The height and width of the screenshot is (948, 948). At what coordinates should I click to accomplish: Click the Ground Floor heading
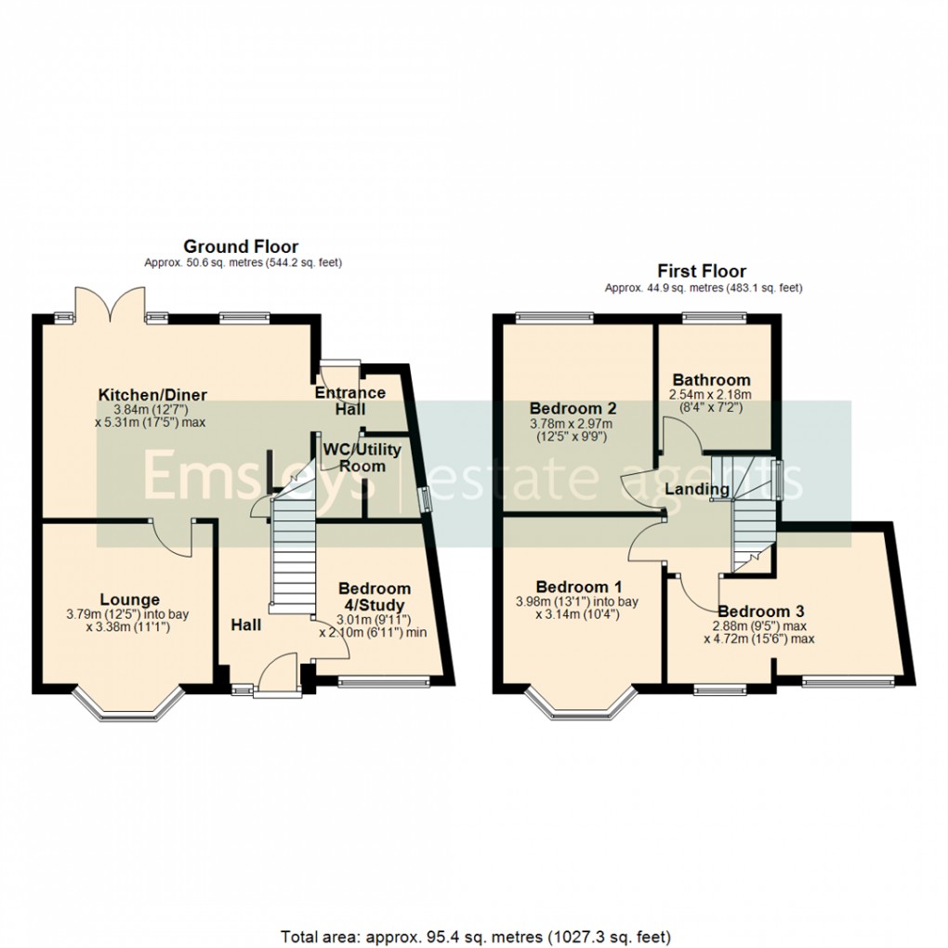click(x=241, y=246)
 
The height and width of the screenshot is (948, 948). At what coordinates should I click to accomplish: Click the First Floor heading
click(x=702, y=271)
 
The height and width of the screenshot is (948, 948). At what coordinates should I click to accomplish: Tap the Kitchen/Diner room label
click(x=152, y=395)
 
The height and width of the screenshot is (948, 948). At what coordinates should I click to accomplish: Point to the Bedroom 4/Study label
click(x=374, y=597)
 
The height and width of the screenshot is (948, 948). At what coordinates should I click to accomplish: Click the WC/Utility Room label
click(x=362, y=457)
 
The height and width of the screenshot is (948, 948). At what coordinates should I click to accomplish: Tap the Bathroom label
click(x=711, y=379)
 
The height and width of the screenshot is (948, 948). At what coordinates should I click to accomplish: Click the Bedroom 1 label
click(x=579, y=586)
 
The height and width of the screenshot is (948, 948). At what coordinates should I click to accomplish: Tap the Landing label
click(x=701, y=489)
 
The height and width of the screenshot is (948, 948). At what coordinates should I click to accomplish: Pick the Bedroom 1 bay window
click(x=582, y=706)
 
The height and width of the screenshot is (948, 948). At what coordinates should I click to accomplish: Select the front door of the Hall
click(x=276, y=674)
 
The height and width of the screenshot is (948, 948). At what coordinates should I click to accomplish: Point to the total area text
click(x=474, y=935)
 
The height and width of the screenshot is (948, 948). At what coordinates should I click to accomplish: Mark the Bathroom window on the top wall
click(x=714, y=319)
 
